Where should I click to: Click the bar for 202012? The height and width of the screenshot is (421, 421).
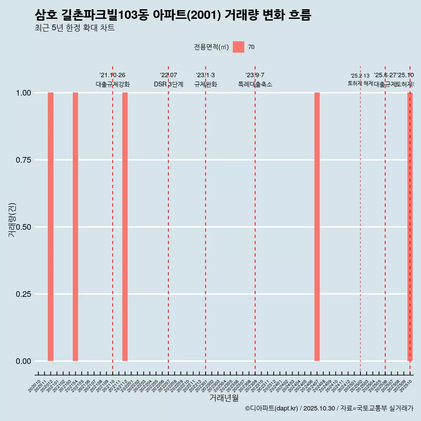tap(50, 227)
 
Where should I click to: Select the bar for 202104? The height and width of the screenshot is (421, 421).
tap(75, 227)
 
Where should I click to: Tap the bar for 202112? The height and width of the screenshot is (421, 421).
tap(125, 227)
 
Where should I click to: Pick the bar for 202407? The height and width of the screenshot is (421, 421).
tap(317, 227)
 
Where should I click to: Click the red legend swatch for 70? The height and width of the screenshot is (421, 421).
tap(239, 47)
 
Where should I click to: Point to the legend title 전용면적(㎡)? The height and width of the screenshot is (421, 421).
tap(211, 47)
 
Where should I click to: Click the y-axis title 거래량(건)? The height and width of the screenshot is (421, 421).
tap(12, 220)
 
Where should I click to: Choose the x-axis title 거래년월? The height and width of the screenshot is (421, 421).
tap(224, 398)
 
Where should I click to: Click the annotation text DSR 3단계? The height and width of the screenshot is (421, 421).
tap(168, 84)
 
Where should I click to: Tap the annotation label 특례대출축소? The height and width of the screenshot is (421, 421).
tap(255, 84)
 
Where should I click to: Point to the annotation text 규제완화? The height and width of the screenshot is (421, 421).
tap(206, 84)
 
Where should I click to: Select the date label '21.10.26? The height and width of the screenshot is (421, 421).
tap(113, 75)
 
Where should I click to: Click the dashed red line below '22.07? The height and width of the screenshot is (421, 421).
tap(168, 219)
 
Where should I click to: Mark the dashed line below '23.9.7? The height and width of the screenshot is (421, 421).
tap(255, 219)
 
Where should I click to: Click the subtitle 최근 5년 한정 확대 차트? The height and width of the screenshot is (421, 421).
tap(75, 28)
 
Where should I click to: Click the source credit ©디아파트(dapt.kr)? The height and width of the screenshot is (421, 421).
tap(271, 408)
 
